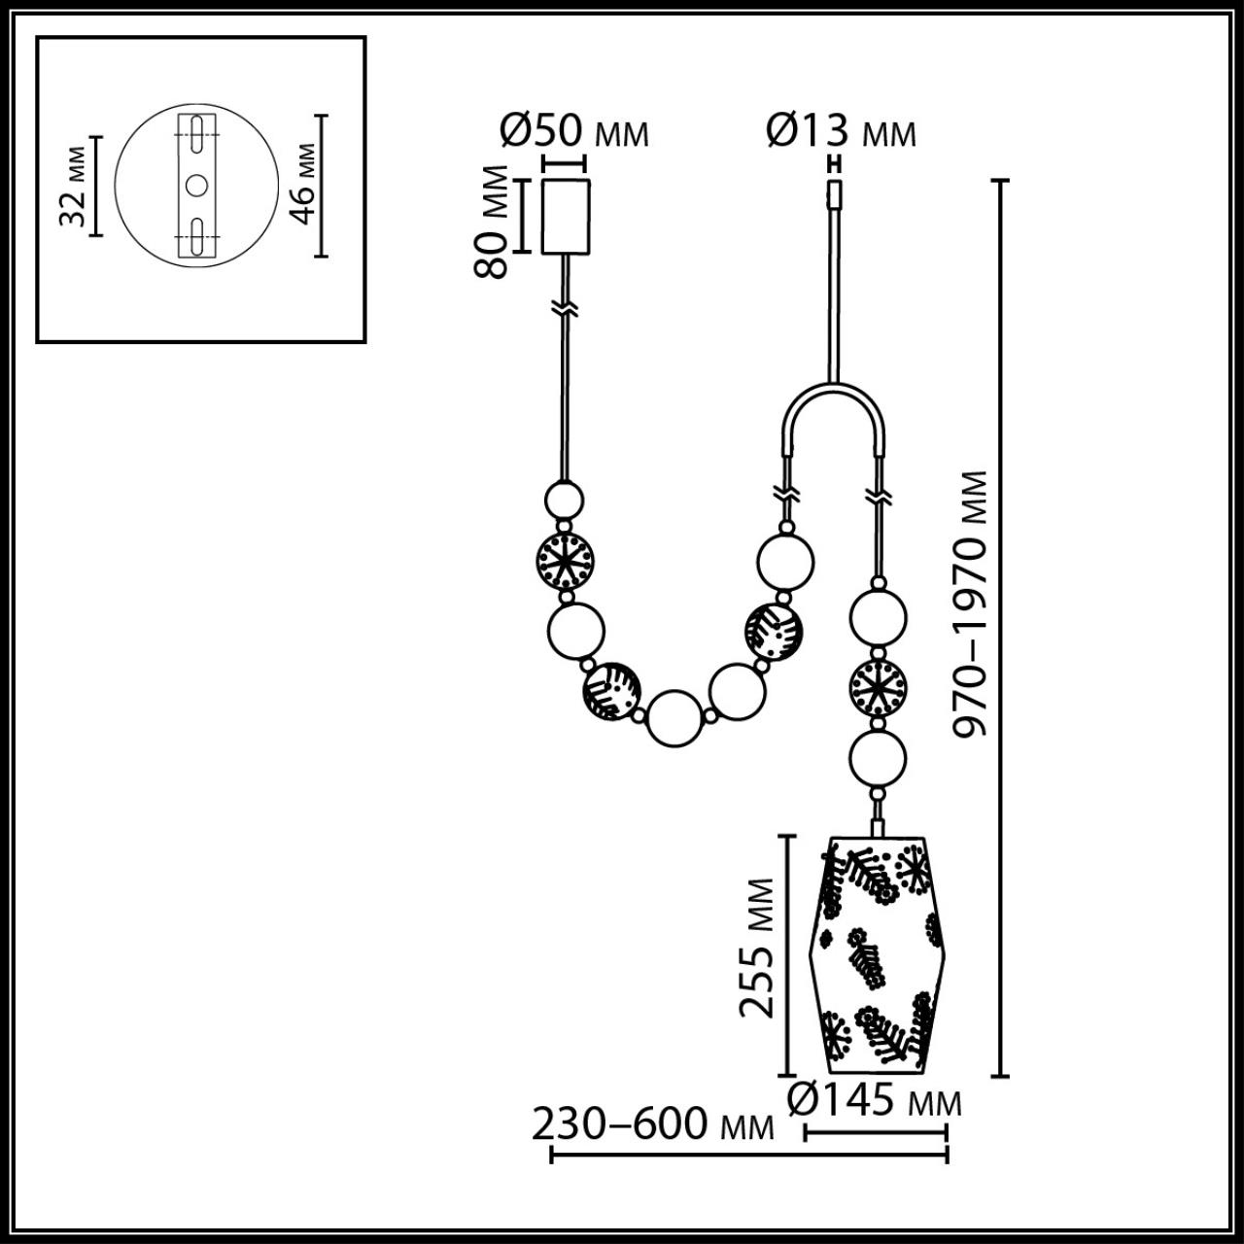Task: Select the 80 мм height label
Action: click(x=494, y=222)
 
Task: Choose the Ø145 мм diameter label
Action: click(x=874, y=1100)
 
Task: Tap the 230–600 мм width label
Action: click(x=652, y=1125)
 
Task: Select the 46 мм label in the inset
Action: click(x=303, y=185)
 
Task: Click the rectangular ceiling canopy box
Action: click(x=566, y=217)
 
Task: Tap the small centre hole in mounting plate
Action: click(x=195, y=184)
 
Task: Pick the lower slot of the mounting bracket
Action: click(x=195, y=235)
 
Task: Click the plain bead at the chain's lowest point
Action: click(x=674, y=720)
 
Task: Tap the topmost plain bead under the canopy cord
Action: click(x=564, y=501)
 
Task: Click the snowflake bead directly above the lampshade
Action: click(x=878, y=687)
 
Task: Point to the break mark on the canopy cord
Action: click(x=565, y=308)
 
